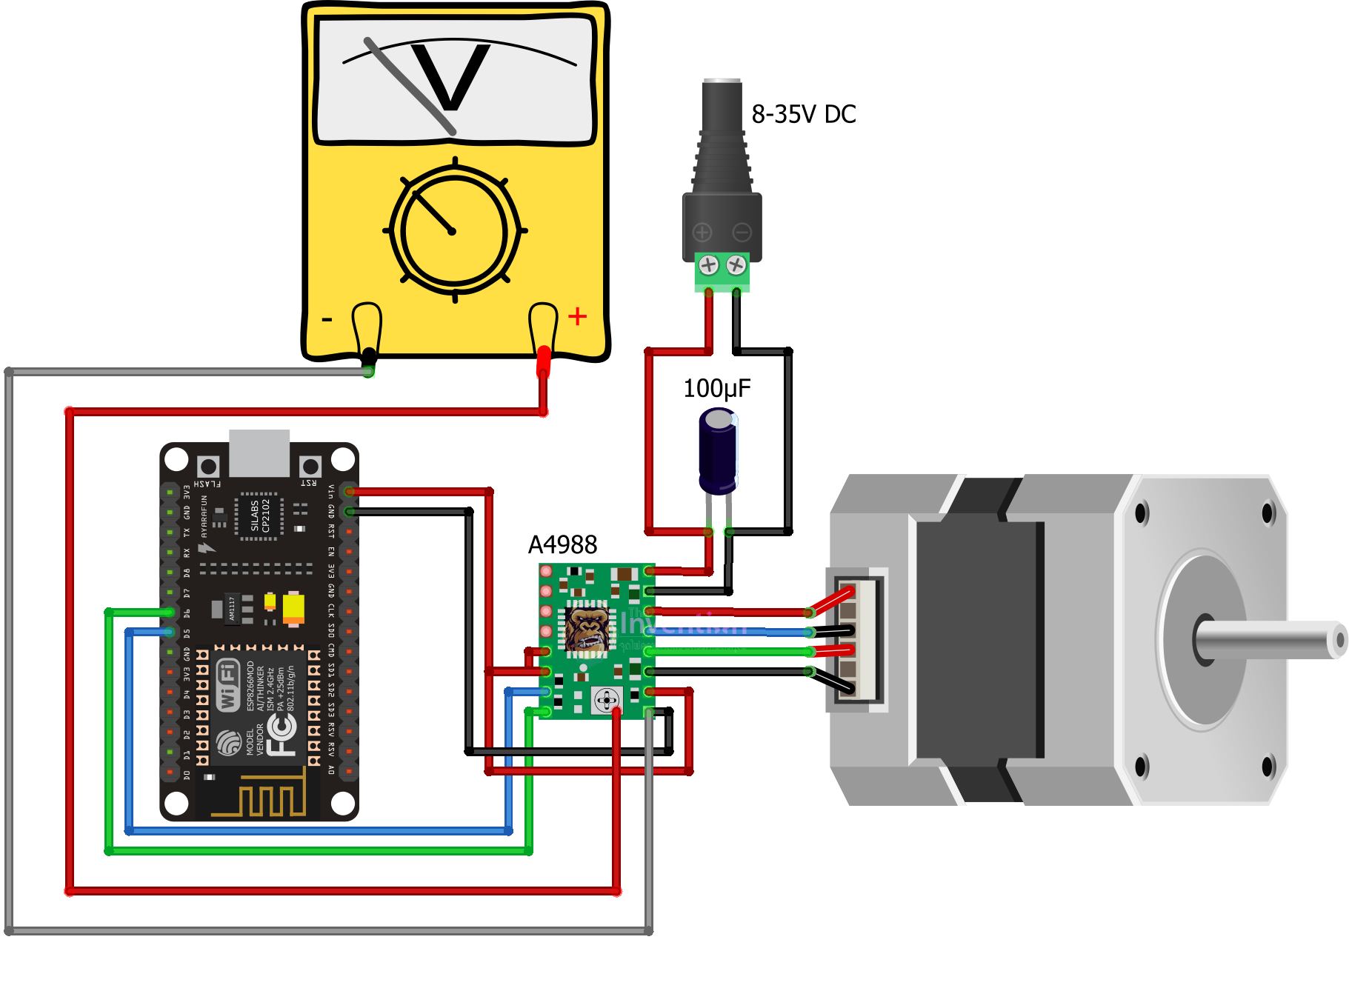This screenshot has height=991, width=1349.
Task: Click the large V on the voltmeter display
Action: pos(450,77)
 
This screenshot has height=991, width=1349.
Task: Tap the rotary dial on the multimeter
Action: pos(453,231)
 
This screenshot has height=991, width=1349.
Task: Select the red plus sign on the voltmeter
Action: pos(577,317)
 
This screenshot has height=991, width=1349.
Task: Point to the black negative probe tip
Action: pos(368,357)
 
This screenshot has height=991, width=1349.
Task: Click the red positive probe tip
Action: pos(543,358)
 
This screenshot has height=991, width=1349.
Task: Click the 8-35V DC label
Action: pos(803,114)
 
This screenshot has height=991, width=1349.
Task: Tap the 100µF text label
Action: pos(716,388)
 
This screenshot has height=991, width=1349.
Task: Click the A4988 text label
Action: pos(562,544)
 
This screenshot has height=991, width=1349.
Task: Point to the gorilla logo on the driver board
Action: pos(588,629)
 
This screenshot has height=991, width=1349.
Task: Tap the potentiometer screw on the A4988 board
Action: pos(607,699)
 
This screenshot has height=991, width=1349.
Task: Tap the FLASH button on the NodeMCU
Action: pos(208,467)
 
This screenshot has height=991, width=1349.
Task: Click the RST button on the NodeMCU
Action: pos(310,467)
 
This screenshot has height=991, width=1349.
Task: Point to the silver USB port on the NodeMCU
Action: pos(259,453)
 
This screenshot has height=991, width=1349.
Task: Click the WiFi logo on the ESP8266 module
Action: pos(227,686)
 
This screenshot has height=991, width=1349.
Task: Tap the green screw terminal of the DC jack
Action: pos(722,272)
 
